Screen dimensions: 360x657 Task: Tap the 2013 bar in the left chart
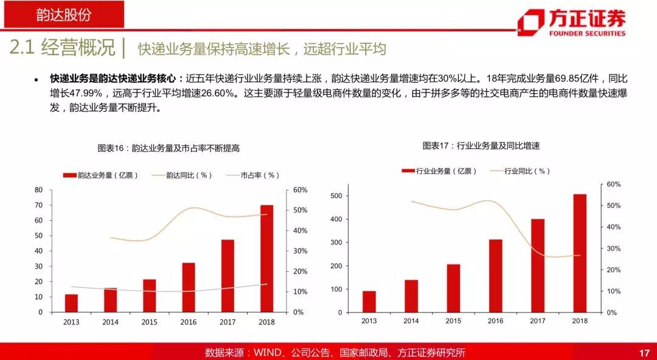pyautogui.click(x=72, y=303)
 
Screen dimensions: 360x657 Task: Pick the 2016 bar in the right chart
pyautogui.click(x=496, y=275)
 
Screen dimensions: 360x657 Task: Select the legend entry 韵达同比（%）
pyautogui.click(x=182, y=175)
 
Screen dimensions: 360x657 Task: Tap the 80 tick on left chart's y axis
pyautogui.click(x=39, y=190)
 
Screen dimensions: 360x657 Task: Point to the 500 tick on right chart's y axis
pyautogui.click(x=336, y=196)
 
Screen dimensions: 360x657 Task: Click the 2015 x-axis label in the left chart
pyautogui.click(x=149, y=322)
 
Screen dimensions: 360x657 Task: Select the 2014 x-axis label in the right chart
pyautogui.click(x=411, y=321)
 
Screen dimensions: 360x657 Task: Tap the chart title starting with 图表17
pyautogui.click(x=481, y=146)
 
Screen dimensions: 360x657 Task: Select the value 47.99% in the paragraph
pyautogui.click(x=88, y=94)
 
